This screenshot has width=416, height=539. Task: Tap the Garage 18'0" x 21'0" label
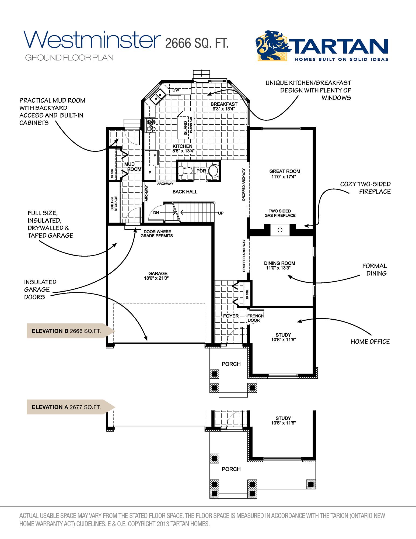tap(158, 276)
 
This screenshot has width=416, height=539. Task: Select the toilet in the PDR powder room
tap(185, 171)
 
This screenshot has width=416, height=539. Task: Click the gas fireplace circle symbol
tap(280, 230)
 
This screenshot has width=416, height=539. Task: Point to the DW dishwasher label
tap(176, 90)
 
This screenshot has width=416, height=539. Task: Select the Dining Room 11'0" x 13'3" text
tap(279, 265)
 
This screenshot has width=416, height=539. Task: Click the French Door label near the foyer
tap(255, 318)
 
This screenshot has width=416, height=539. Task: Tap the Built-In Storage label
tap(114, 203)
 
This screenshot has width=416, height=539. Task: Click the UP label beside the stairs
tap(221, 213)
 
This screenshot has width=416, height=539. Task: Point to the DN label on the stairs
tap(156, 213)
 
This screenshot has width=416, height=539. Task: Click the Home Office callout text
tap(370, 341)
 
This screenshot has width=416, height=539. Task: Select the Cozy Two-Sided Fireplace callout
tap(365, 188)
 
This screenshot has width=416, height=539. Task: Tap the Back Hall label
tap(185, 192)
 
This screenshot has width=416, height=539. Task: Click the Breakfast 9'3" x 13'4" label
tap(224, 106)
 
